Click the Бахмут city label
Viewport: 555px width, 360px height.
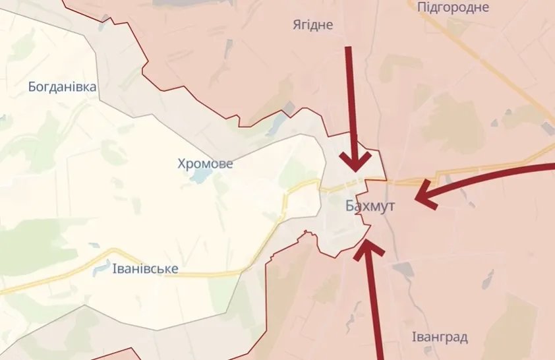pyautogui.click(x=370, y=206)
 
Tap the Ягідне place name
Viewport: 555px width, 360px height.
pyautogui.click(x=313, y=25)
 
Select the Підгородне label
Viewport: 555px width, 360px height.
pyautogui.click(x=453, y=7)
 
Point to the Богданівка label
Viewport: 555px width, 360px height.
pyautogui.click(x=63, y=87)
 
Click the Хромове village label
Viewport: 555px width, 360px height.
pyautogui.click(x=205, y=164)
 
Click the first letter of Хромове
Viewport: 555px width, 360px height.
pyautogui.click(x=181, y=164)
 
